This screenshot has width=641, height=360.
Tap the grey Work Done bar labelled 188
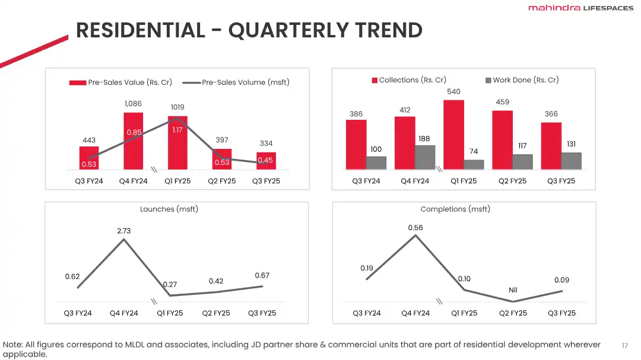point(425,158)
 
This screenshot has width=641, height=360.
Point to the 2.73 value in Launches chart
point(123,231)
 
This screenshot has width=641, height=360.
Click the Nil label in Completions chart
point(513,290)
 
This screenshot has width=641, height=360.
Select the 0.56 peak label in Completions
point(415,228)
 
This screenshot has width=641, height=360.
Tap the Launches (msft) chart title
point(169,209)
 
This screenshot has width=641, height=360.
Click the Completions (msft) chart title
point(455,209)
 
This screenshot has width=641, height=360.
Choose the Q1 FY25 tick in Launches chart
point(170,313)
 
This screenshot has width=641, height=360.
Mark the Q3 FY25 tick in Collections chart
point(561,181)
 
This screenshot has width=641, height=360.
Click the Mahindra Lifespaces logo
point(580,8)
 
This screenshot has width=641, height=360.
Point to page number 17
point(624,346)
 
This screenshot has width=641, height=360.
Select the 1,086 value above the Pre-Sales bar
point(133,104)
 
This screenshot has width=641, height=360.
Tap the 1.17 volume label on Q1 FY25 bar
point(177,130)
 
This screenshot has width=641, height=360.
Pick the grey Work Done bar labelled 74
point(474,165)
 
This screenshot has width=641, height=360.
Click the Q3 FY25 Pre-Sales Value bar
point(266,161)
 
